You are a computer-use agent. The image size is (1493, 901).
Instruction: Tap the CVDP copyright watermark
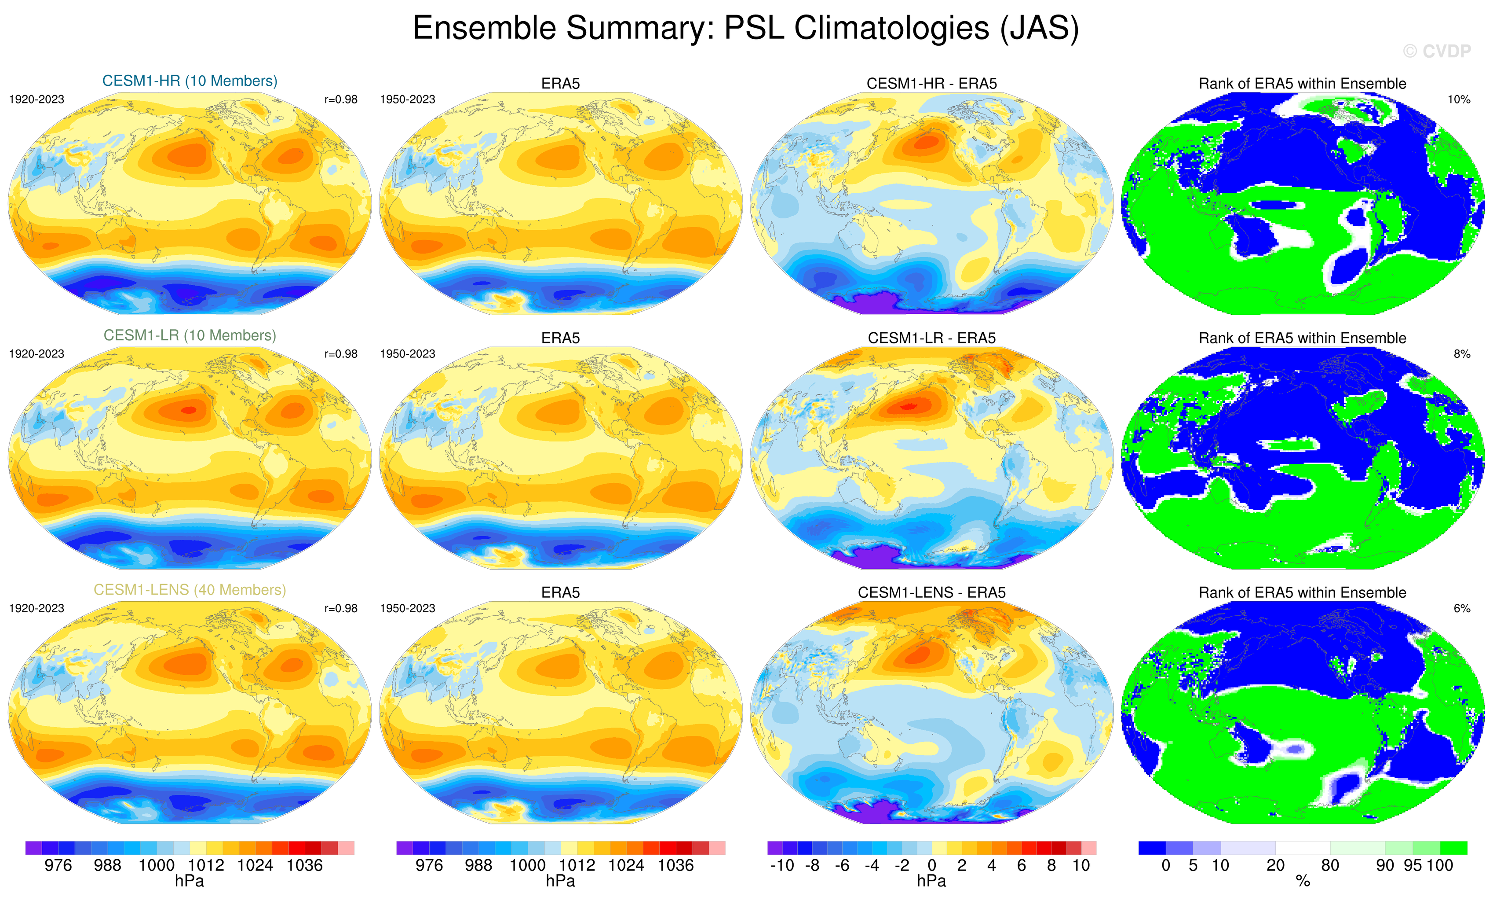[x=1437, y=51]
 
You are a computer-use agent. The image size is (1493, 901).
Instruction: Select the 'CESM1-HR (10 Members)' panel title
[x=190, y=81]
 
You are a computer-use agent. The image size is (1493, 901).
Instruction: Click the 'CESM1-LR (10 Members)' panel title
[x=190, y=335]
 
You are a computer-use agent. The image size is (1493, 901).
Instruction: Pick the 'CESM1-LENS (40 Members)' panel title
[x=190, y=590]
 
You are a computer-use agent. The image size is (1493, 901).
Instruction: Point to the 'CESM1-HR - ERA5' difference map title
[x=931, y=84]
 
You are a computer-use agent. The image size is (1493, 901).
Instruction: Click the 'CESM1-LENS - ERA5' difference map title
[x=931, y=592]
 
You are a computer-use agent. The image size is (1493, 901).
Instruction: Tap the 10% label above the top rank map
[x=1458, y=99]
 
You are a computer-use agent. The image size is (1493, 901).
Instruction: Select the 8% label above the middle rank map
[x=1461, y=354]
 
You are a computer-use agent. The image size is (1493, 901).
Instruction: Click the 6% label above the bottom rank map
[x=1461, y=608]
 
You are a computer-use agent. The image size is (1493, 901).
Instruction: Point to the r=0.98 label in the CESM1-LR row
[x=340, y=354]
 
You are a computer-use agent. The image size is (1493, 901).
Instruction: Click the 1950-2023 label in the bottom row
[x=407, y=608]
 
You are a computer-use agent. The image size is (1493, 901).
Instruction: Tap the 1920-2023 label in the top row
[x=37, y=99]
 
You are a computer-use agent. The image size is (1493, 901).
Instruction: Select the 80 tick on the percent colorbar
[x=1330, y=865]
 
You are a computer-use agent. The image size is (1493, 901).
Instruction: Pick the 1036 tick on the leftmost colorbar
[x=304, y=865]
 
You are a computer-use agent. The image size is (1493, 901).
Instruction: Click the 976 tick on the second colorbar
[x=429, y=865]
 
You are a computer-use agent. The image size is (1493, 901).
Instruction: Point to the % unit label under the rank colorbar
[x=1303, y=882]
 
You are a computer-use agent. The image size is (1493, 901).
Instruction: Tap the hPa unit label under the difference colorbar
[x=931, y=881]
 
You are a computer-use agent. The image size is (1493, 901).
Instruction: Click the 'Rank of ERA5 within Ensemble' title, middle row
[x=1302, y=338]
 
